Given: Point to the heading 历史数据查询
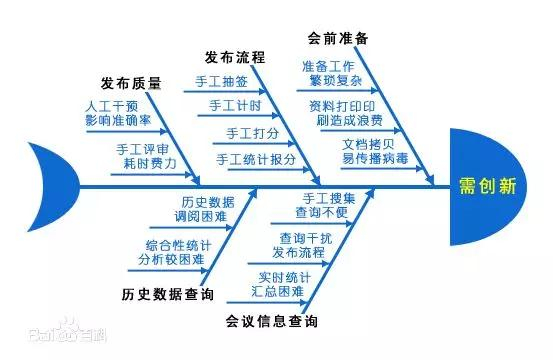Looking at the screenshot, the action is (x=167, y=295).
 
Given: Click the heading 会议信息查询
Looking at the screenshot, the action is (x=272, y=322).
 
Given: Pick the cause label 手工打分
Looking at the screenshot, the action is (x=245, y=132).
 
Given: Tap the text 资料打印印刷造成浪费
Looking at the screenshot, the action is (x=344, y=111).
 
